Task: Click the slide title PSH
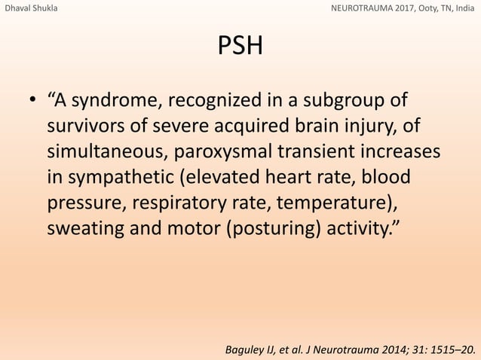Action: coord(240,47)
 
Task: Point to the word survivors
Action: coord(84,126)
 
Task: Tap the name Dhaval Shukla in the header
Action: coord(30,9)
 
